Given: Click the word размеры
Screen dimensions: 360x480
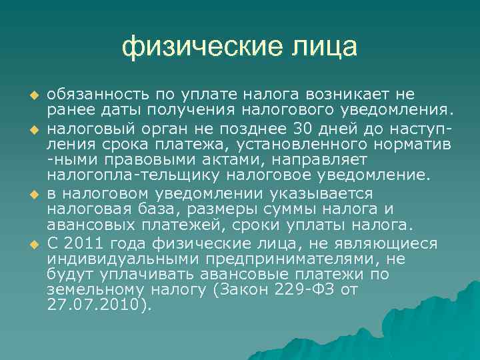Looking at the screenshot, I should (205, 210).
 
